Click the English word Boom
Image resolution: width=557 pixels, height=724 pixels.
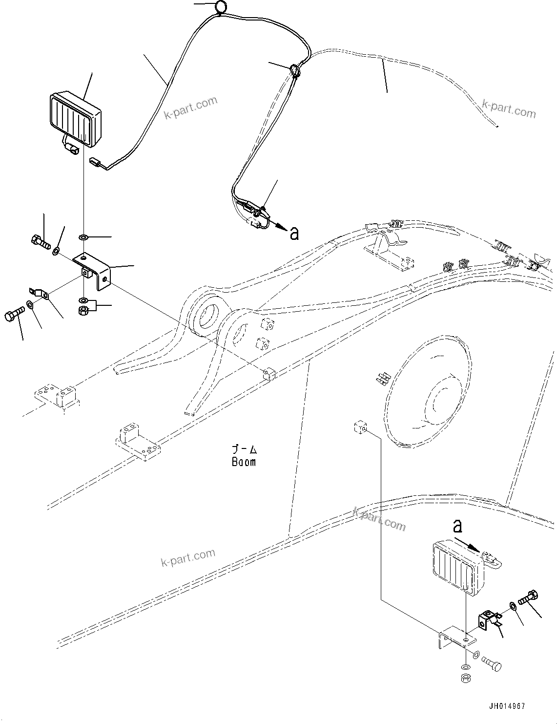(x=244, y=462)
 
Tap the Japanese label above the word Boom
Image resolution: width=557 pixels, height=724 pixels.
(x=244, y=449)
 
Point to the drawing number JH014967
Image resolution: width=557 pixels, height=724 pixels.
(x=506, y=706)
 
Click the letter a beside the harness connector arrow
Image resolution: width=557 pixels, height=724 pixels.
(x=294, y=234)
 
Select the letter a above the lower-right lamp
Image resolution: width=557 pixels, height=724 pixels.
(x=457, y=526)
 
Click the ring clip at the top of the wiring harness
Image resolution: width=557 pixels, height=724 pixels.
(x=221, y=7)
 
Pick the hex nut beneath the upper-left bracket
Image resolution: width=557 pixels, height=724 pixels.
(x=83, y=310)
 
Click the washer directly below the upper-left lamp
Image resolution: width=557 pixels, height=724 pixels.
(x=83, y=237)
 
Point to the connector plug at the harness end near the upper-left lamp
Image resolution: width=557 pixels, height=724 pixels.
(x=96, y=161)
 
